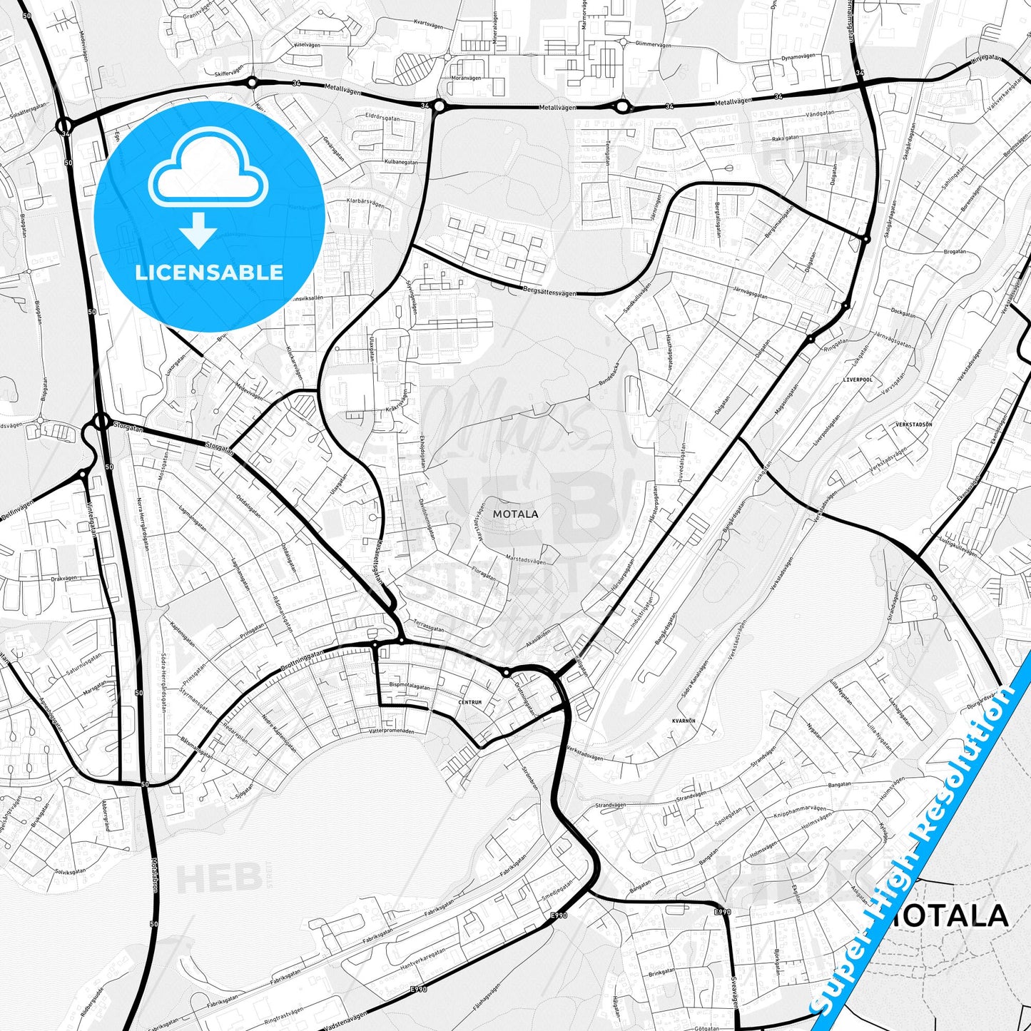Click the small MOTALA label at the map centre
pyautogui.click(x=515, y=514)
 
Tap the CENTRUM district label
pyautogui.click(x=470, y=702)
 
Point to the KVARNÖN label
pyautogui.click(x=684, y=721)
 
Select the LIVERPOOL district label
pyautogui.click(x=857, y=380)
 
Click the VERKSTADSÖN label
pyautogui.click(x=913, y=425)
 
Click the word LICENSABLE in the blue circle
pyautogui.click(x=209, y=273)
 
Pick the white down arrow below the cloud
pyautogui.click(x=198, y=230)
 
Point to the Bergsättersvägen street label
pyautogui.click(x=547, y=291)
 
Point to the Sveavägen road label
pyautogui.click(x=734, y=992)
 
